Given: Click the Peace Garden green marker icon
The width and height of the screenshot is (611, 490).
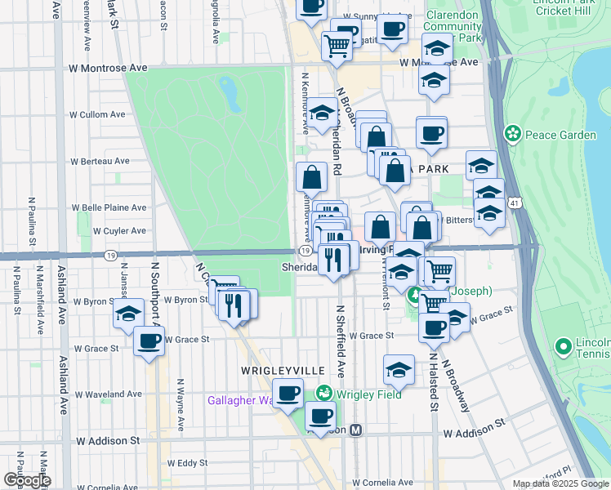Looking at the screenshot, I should pyautogui.click(x=513, y=133).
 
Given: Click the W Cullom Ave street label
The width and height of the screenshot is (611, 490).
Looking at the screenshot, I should pyautogui.click(x=97, y=115).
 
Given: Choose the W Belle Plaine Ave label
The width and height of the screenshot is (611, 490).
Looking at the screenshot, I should pyautogui.click(x=109, y=208).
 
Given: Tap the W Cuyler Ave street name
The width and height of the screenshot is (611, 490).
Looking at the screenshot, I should pyautogui.click(x=120, y=231).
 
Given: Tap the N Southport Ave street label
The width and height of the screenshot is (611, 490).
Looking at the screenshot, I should pyautogui.click(x=153, y=294).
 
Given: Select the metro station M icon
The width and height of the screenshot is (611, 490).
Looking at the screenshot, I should pyautogui.click(x=356, y=430).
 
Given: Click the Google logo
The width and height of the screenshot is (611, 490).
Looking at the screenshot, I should pyautogui.click(x=26, y=480).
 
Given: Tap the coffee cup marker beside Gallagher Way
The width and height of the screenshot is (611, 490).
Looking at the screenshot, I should pyautogui.click(x=288, y=394).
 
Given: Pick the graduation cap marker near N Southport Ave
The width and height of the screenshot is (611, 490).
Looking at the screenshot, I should pyautogui.click(x=128, y=314).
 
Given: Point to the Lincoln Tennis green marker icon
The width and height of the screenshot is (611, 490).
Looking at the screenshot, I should pyautogui.click(x=563, y=347).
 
